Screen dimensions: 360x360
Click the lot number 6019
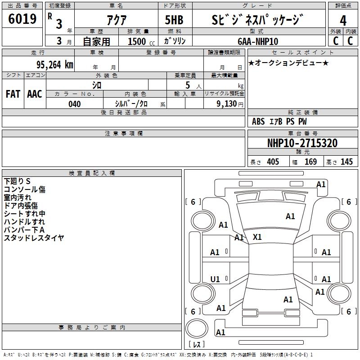coord(22,19)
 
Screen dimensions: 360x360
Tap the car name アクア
coord(117,20)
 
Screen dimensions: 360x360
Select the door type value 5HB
coord(174,20)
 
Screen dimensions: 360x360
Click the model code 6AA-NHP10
coord(258,41)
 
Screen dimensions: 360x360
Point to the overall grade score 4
coord(343,20)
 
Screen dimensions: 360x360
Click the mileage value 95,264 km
coord(54,65)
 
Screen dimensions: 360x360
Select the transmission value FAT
coord(13,94)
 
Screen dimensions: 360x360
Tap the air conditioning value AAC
coord(35,94)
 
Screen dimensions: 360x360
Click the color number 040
coord(74,104)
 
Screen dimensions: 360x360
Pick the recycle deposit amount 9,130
coord(227,104)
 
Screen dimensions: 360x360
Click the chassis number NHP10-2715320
coord(302,143)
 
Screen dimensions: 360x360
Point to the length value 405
coord(273,162)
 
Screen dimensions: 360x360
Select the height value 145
coord(346,162)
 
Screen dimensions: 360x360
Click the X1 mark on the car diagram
coord(257,237)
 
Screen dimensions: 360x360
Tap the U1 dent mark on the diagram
coord(215,279)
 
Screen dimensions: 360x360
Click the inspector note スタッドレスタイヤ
coord(34,238)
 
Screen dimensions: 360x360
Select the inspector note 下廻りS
coord(17,181)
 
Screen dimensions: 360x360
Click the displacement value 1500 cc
coord(141,41)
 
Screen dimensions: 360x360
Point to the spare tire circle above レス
coord(197,328)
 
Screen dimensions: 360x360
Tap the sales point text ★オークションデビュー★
coord(288,63)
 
